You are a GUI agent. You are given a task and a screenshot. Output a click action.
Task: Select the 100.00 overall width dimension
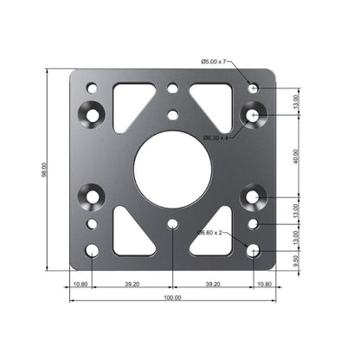(172, 297)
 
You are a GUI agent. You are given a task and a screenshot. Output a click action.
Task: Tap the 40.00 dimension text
(295, 157)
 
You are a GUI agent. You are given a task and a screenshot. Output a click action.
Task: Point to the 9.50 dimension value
(295, 258)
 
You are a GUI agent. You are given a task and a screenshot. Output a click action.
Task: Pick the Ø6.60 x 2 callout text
(211, 233)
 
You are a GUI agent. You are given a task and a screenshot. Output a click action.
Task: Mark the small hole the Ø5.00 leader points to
(253, 88)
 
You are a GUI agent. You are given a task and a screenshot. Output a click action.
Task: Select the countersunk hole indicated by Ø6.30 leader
(253, 114)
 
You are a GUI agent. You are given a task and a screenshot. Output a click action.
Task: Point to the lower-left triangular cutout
(132, 231)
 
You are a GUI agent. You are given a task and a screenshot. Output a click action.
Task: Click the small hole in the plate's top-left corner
(93, 87)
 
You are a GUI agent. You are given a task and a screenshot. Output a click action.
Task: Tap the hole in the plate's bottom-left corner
(93, 251)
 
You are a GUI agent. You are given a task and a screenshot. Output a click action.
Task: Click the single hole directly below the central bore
(173, 224)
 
